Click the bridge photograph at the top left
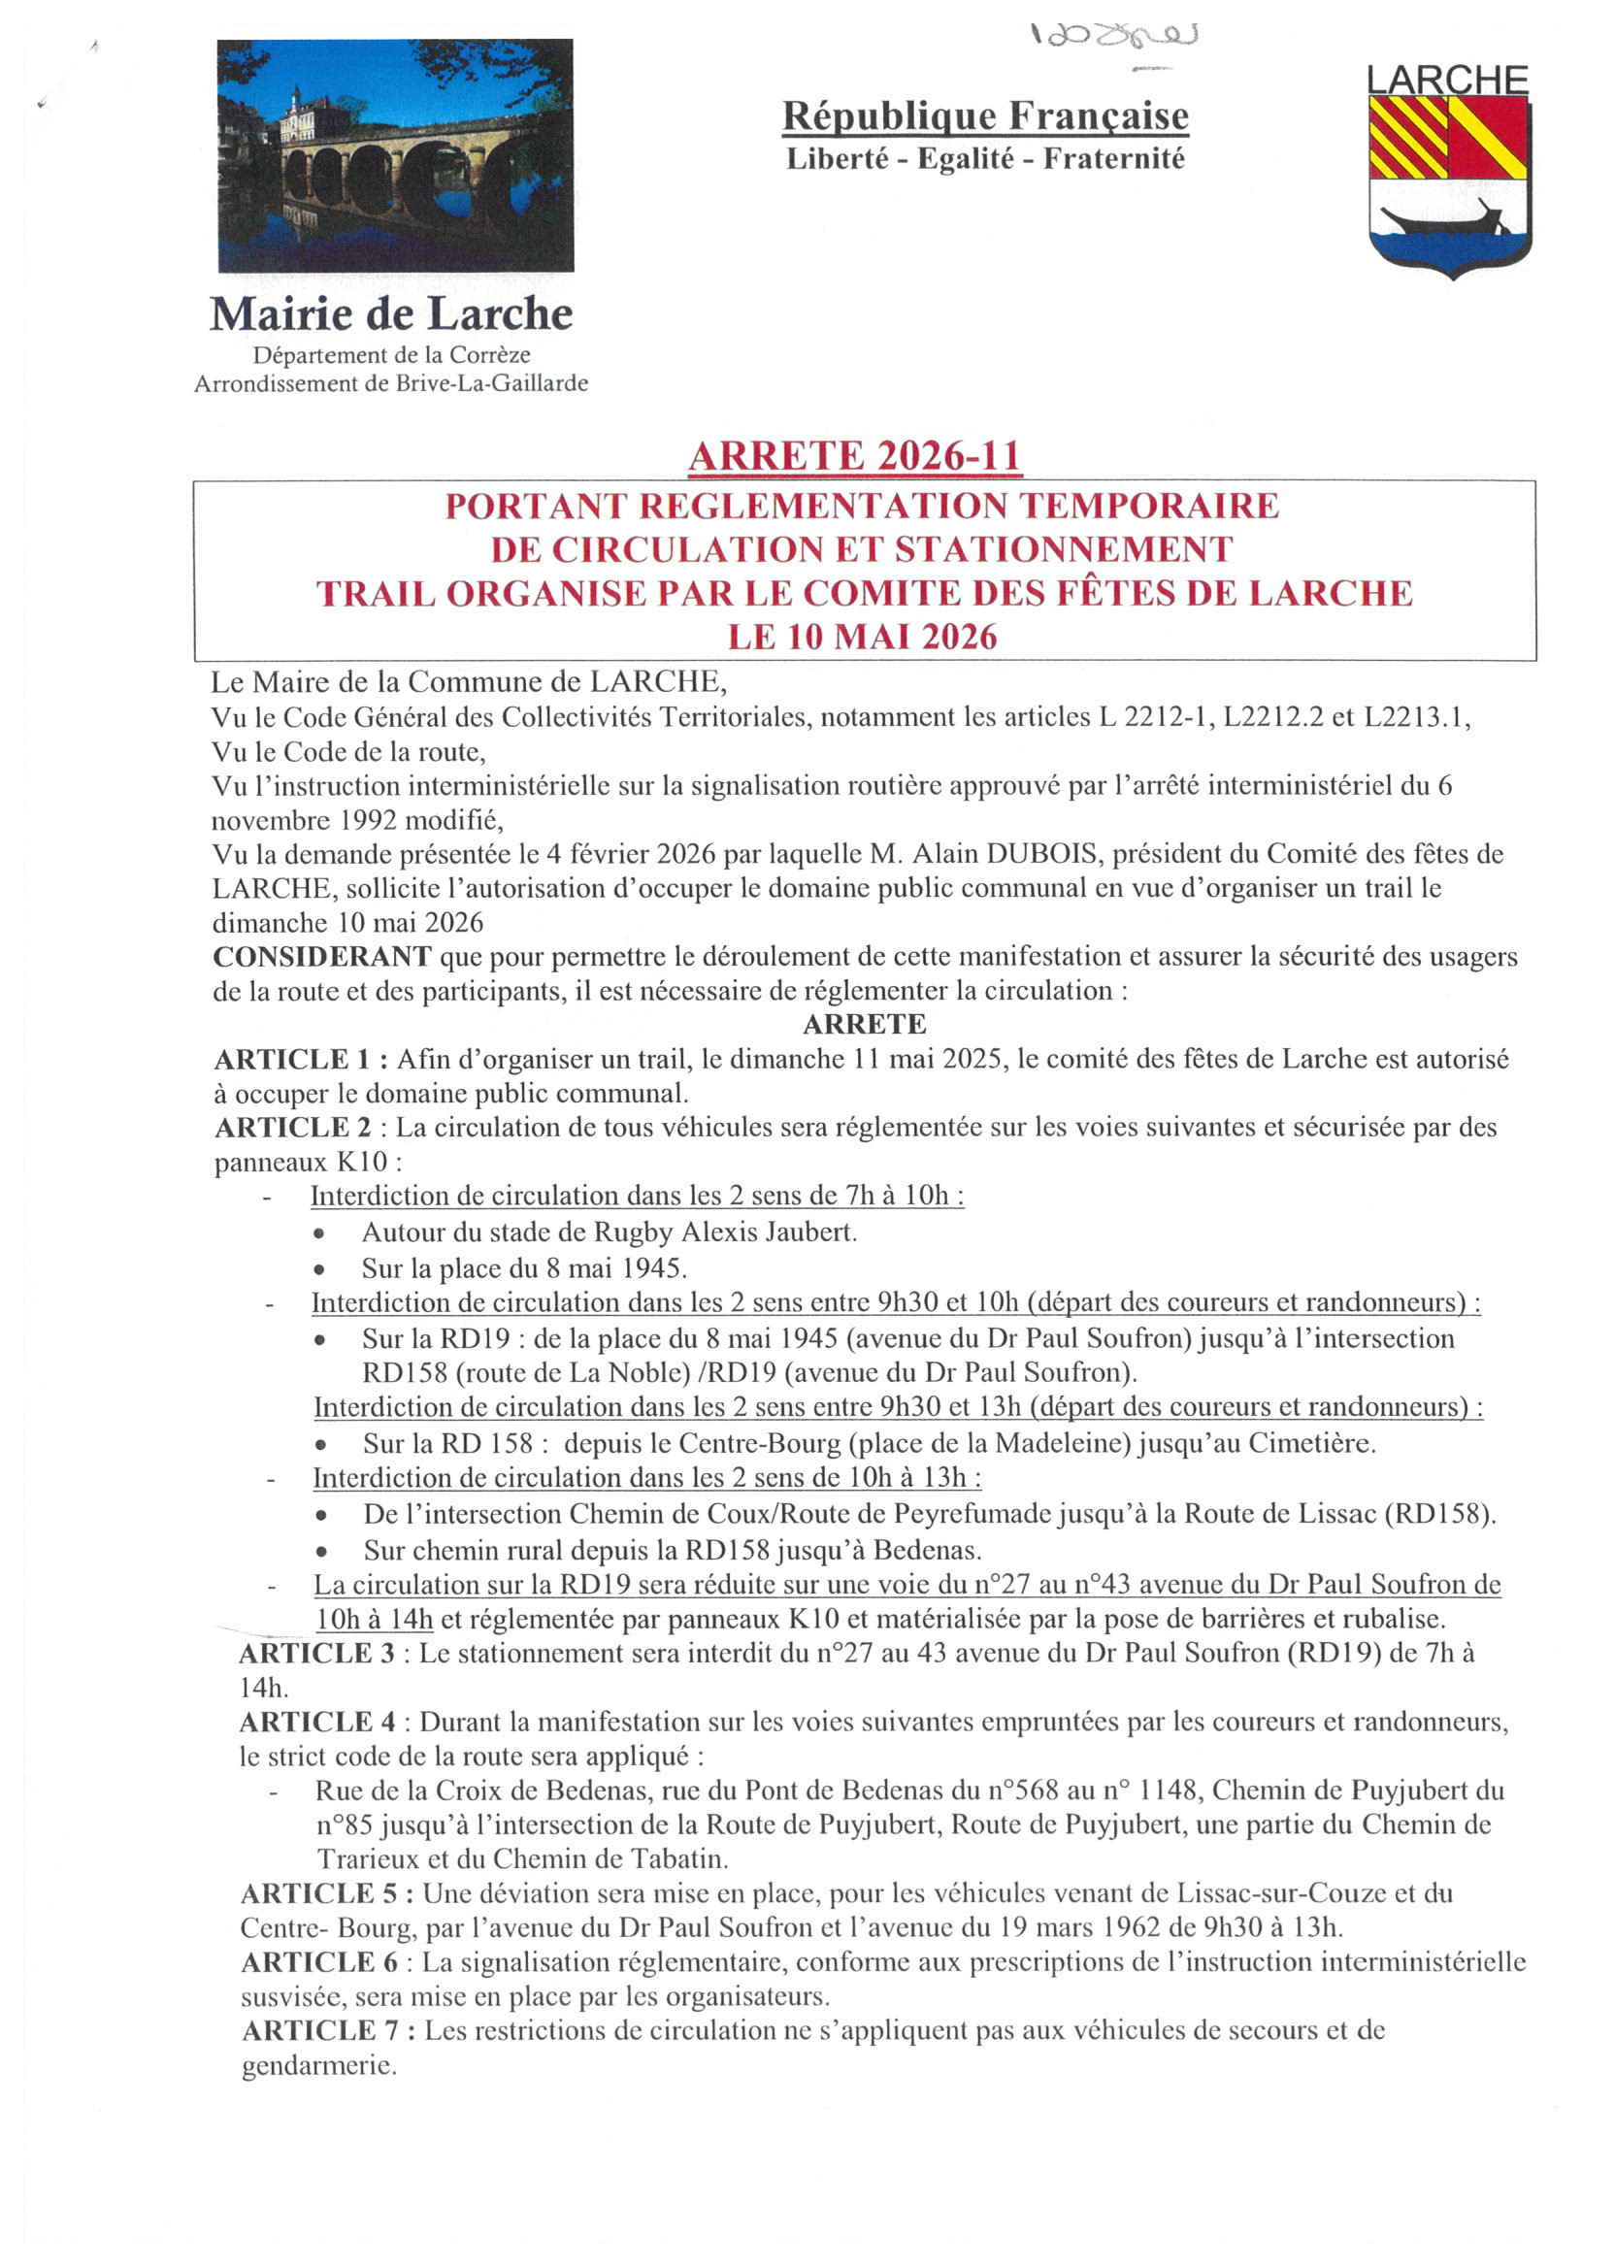click(x=395, y=155)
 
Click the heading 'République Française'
click(x=984, y=116)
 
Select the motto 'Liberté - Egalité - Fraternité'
click(x=984, y=159)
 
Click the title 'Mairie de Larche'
click(x=391, y=314)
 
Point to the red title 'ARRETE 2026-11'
click(x=854, y=456)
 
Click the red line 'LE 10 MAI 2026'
click(x=862, y=637)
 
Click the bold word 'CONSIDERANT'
click(x=322, y=957)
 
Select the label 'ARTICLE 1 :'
click(x=300, y=1060)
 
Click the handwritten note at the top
click(x=1114, y=37)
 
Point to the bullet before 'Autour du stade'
click(x=318, y=1233)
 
